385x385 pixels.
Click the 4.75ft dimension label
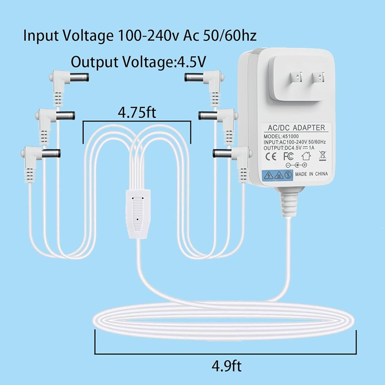click(137, 114)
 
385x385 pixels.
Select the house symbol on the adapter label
click(306, 156)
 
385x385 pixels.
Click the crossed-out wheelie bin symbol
click(322, 156)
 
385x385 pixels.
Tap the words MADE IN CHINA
click(311, 174)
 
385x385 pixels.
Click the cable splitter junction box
click(137, 212)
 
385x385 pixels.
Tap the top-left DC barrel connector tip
click(82, 77)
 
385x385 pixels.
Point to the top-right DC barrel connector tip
click(192, 77)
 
